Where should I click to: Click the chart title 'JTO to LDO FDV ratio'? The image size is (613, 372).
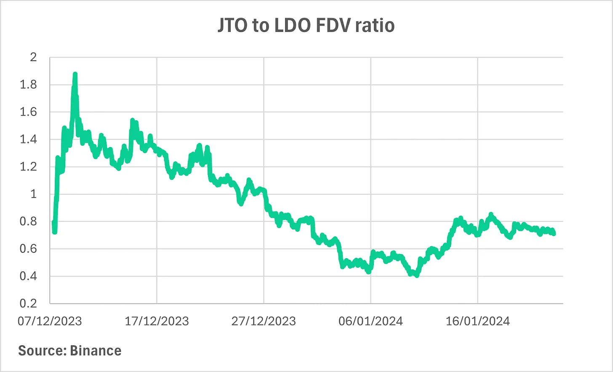(x=306, y=26)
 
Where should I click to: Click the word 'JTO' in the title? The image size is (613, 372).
(x=232, y=26)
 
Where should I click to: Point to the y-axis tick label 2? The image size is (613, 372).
(x=33, y=57)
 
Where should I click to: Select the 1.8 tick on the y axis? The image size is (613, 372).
(x=28, y=84)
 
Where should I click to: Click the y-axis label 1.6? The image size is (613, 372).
(x=28, y=112)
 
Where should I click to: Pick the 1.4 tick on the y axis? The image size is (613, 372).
(x=28, y=139)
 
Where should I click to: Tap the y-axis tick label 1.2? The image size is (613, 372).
(x=28, y=166)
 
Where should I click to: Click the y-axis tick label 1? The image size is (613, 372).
(x=33, y=194)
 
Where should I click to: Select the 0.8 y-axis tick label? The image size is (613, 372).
(x=28, y=221)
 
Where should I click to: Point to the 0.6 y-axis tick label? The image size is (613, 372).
(x=28, y=248)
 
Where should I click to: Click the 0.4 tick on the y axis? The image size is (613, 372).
(x=28, y=276)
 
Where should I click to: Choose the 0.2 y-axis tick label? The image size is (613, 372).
(x=28, y=303)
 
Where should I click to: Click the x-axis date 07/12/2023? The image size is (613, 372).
(x=50, y=321)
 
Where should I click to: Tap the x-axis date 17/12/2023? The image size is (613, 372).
(x=157, y=321)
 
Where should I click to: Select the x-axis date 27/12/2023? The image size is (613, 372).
(x=264, y=321)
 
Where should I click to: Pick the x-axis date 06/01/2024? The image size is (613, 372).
(x=370, y=321)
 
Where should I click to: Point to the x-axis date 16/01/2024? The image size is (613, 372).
(x=477, y=321)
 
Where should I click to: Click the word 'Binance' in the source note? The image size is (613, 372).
(x=96, y=351)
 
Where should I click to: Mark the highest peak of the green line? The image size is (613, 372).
(x=75, y=74)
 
